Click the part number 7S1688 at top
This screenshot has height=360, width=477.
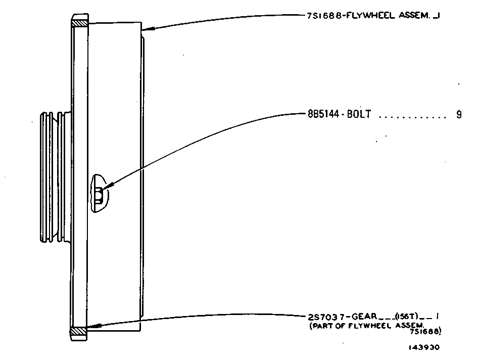pos(324,16)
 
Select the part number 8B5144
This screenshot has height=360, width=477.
pos(323,114)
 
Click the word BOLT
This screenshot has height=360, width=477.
pos(359,114)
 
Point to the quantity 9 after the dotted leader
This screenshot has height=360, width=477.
pos(459,114)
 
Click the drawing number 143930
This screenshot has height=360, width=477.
pos(424,347)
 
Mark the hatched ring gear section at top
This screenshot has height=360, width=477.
pos(80,23)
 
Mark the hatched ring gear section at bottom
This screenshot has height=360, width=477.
pos(78,331)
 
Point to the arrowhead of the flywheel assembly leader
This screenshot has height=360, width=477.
pos(148,29)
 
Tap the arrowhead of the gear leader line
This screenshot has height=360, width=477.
pos(92,327)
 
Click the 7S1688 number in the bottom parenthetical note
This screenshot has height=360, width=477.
pos(425,331)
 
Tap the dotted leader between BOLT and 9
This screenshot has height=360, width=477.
pos(412,117)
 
